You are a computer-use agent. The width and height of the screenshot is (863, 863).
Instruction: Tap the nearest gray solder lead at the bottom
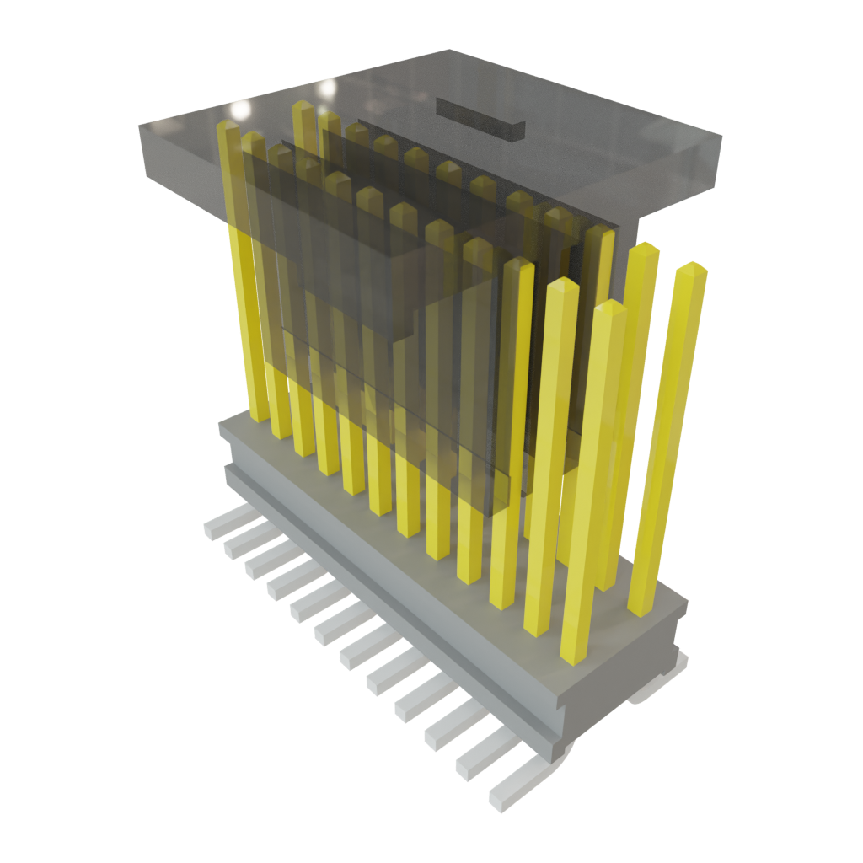click(510, 791)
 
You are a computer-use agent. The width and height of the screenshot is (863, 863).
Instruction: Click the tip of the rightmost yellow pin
click(692, 269)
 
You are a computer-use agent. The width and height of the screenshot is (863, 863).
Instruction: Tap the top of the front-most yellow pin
click(610, 308)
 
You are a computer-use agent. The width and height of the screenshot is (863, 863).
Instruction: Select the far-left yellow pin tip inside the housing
click(228, 127)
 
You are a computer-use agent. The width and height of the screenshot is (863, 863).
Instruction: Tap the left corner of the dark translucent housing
click(141, 126)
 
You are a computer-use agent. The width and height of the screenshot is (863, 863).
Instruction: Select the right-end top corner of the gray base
click(686, 602)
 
